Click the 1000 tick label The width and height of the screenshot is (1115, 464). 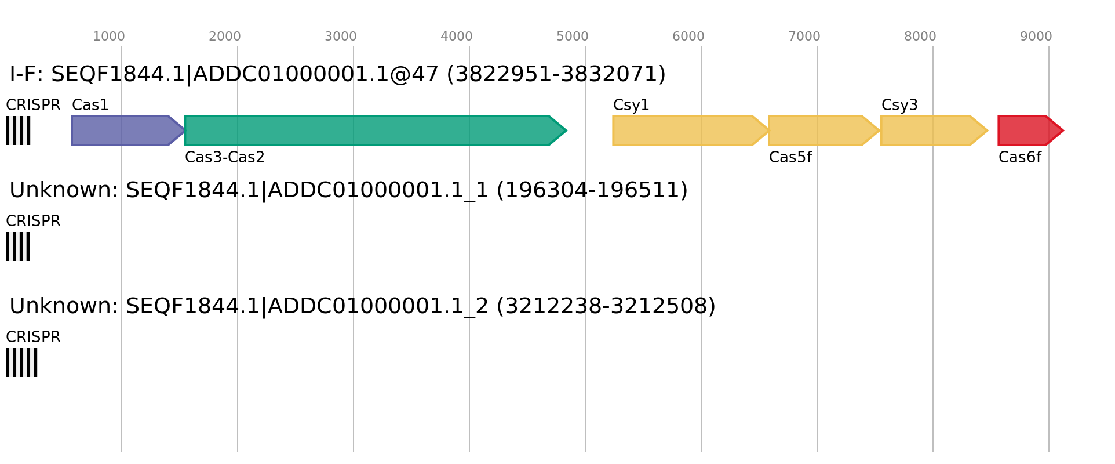click(109, 37)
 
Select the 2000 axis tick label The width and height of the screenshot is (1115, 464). click(225, 37)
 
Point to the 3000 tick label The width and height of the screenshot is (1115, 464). click(341, 37)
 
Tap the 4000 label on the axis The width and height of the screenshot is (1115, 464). click(457, 37)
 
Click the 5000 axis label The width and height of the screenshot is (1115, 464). click(573, 37)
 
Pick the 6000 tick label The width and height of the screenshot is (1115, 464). click(688, 37)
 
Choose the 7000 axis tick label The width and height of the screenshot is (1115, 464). click(804, 37)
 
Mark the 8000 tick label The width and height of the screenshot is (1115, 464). click(920, 37)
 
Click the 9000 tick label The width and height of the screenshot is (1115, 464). click(1036, 37)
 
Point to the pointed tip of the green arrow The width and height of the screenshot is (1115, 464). click(566, 130)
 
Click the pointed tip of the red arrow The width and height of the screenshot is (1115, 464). click(1063, 130)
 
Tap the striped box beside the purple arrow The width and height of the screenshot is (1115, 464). click(18, 130)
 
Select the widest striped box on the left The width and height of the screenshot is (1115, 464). click(21, 362)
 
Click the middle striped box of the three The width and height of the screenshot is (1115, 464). click(18, 246)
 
